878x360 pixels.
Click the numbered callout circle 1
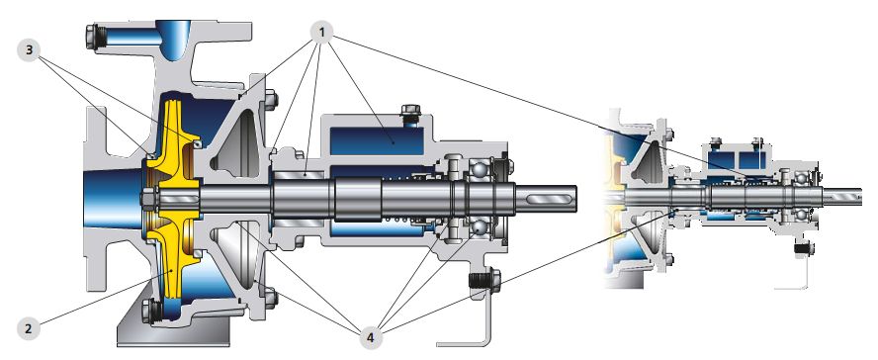click(x=321, y=34)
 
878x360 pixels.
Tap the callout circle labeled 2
click(x=29, y=328)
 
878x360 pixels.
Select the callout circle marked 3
click(x=29, y=50)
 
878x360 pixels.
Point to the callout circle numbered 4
click(x=370, y=337)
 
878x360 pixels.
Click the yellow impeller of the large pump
click(x=172, y=198)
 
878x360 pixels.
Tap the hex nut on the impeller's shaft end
click(x=149, y=198)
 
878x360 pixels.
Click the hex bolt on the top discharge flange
click(x=94, y=38)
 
